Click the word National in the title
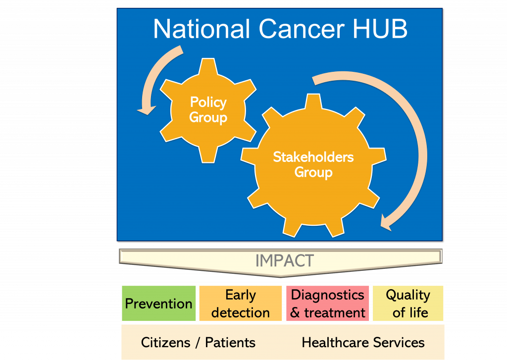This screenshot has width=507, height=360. [x=202, y=29]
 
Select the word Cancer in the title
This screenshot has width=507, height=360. [x=301, y=29]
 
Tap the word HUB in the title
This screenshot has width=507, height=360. [x=380, y=29]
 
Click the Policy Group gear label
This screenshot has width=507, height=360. [x=208, y=110]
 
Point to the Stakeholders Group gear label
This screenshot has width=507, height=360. [x=313, y=164]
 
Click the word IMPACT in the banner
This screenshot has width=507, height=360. [x=285, y=260]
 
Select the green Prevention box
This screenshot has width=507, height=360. [x=159, y=304]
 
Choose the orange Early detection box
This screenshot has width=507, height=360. [x=241, y=304]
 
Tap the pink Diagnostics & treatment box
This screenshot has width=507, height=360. [x=328, y=304]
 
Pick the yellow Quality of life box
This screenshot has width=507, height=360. [x=408, y=304]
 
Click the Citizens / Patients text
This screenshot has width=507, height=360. [x=198, y=343]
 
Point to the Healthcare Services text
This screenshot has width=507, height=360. [x=363, y=343]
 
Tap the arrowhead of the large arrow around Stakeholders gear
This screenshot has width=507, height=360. [x=386, y=222]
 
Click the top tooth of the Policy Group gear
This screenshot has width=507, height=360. [x=208, y=66]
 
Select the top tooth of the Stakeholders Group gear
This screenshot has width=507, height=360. [x=313, y=102]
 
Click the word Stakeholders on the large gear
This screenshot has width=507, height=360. [x=313, y=157]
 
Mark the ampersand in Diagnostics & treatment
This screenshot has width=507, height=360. [x=295, y=313]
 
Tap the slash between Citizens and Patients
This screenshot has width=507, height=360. [x=198, y=343]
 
